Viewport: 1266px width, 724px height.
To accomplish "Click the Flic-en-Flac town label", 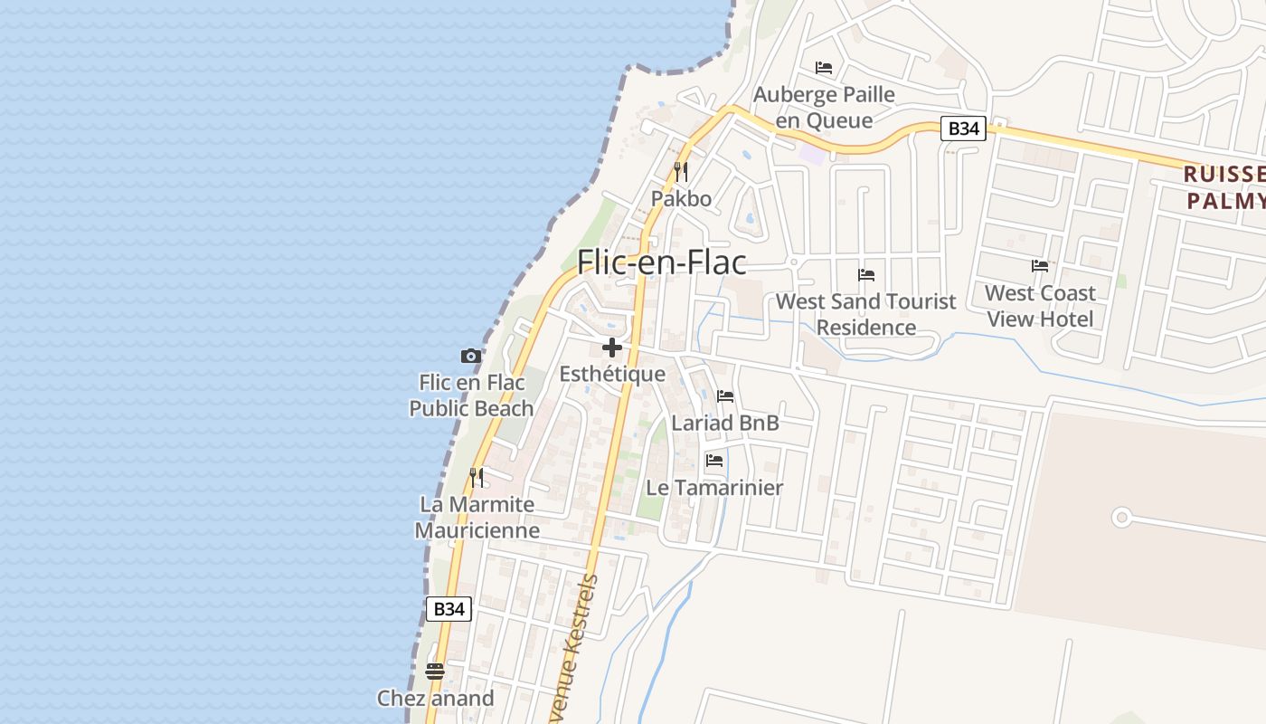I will [662, 262].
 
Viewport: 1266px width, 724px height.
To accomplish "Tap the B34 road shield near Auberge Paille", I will [963, 129].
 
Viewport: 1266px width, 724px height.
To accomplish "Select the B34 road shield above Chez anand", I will [449, 609].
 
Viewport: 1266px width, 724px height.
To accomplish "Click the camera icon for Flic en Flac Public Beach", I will [471, 357].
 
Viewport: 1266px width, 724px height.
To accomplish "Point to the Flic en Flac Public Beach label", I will [471, 395].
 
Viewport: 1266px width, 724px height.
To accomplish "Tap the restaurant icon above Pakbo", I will [681, 171].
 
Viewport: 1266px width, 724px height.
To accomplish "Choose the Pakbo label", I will [681, 199].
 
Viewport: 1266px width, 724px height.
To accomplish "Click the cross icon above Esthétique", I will [612, 348].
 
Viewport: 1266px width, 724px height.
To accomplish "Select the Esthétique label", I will [612, 374].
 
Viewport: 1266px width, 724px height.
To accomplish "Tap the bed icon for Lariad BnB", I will [725, 396].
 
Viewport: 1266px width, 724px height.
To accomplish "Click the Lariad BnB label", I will [725, 423].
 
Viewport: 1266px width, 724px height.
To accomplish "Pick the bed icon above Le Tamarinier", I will [714, 461].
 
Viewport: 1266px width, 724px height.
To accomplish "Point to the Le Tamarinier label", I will [714, 488].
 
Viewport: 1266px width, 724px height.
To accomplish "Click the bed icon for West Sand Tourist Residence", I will [866, 275].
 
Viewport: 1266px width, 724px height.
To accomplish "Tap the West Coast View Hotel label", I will [1040, 306].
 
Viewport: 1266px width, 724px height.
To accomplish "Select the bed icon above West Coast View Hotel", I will [1040, 266].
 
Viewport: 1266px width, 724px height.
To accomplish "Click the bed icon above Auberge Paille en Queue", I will [824, 68].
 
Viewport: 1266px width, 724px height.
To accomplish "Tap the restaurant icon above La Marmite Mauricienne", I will [477, 477].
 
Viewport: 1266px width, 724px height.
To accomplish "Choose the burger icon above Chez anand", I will [435, 672].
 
